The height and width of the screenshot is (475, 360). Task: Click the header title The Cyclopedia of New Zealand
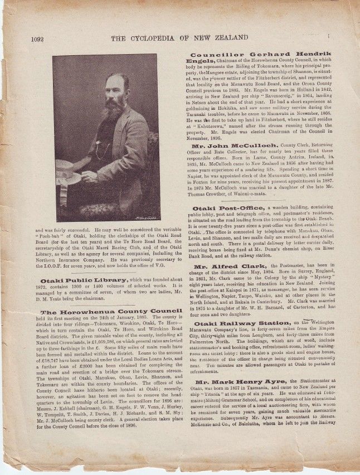tap(179, 38)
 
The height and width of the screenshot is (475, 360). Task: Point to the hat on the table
tap(68, 172)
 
